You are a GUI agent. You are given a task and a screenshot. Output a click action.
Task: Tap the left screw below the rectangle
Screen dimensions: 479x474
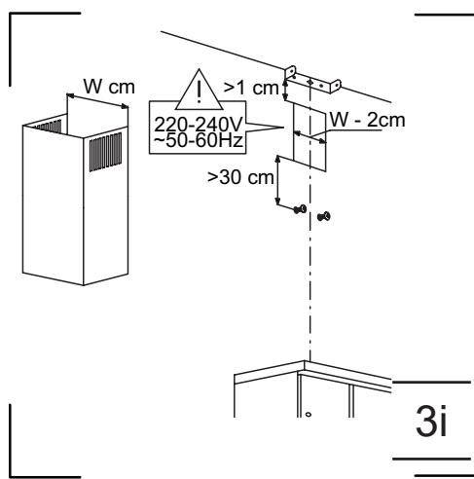pos(302,210)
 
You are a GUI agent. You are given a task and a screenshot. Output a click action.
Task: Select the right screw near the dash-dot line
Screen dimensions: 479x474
pos(324,215)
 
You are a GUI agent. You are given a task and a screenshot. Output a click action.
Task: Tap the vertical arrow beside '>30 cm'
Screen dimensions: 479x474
pos(279,181)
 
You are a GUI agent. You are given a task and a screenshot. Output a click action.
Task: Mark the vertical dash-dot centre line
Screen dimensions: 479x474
pos(310,292)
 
